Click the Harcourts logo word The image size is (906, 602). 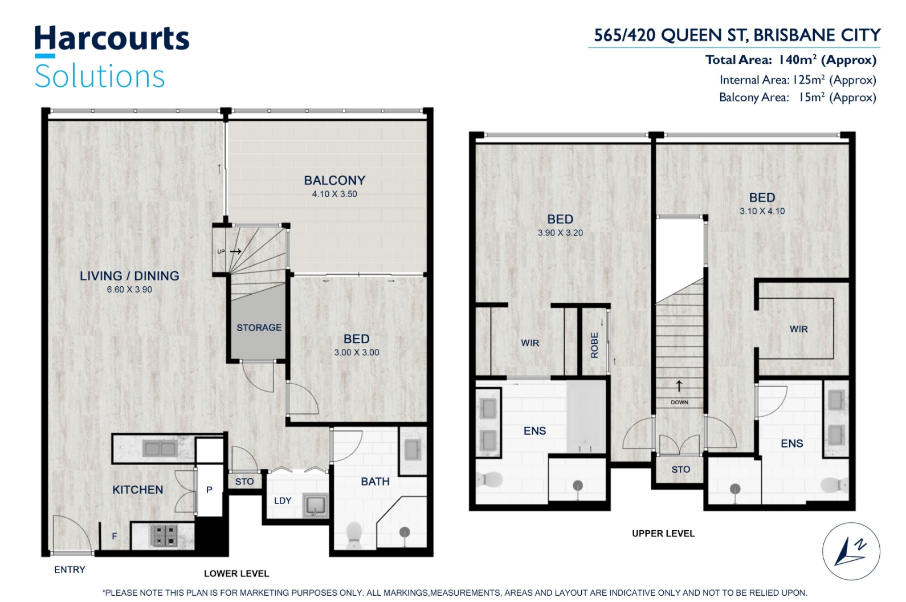112,38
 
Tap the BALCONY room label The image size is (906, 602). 334,180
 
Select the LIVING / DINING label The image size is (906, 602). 129,276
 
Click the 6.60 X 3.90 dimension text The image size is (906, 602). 129,290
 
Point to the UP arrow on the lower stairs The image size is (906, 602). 236,251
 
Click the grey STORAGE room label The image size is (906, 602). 259,327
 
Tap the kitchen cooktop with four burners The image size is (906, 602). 164,535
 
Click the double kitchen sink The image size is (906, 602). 161,449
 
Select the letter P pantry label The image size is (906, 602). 209,490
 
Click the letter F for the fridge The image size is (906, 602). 115,536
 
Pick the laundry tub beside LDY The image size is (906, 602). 315,506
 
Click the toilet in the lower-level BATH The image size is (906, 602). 354,535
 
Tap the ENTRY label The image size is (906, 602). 70,570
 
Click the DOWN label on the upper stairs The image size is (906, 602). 679,402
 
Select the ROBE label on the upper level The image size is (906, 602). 594,345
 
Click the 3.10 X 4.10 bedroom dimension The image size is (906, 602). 762,211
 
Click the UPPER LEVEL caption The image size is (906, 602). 663,534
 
